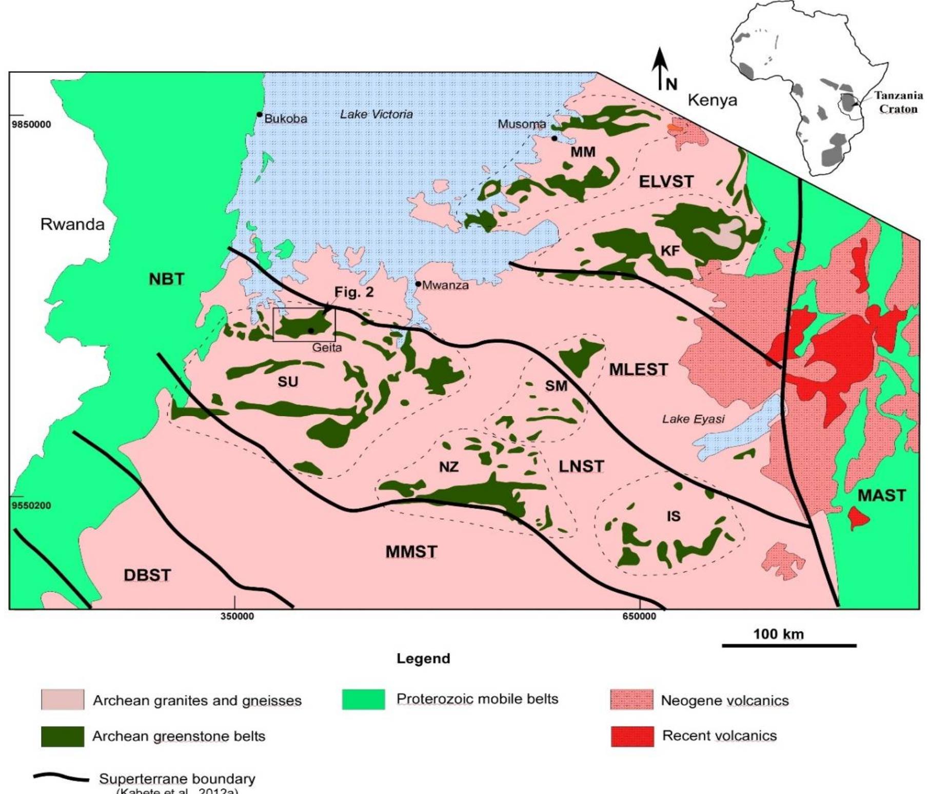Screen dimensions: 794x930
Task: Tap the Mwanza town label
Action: [x=445, y=286]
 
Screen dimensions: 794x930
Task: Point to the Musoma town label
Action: [x=522, y=124]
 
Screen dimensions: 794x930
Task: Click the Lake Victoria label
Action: [x=376, y=114]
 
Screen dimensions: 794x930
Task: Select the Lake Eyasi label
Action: [x=693, y=419]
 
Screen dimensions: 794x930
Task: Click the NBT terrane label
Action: [x=167, y=279]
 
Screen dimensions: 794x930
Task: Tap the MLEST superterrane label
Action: [x=638, y=370]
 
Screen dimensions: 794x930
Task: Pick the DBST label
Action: [x=147, y=575]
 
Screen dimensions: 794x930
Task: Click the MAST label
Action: [x=882, y=496]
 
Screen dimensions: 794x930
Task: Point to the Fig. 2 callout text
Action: [x=354, y=292]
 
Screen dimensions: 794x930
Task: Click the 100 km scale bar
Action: [x=789, y=645]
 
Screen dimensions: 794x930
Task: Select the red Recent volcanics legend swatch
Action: [x=632, y=736]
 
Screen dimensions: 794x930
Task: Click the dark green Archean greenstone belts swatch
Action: [x=63, y=737]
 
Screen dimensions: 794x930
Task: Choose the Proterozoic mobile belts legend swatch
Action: [x=363, y=700]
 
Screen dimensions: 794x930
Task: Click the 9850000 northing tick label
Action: [x=31, y=125]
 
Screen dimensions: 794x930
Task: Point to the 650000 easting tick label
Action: [x=639, y=617]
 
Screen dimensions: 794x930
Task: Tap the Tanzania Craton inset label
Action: [x=898, y=102]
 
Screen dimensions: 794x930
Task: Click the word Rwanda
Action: [x=72, y=224]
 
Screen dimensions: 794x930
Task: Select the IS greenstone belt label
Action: [x=674, y=516]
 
